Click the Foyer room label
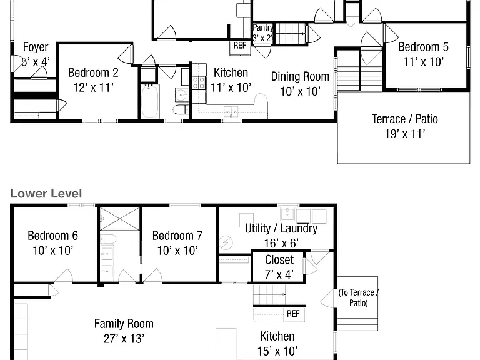click(36, 47)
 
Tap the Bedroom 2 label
click(93, 73)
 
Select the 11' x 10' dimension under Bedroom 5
click(423, 62)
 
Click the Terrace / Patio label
click(405, 119)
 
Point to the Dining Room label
click(300, 76)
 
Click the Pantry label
click(262, 27)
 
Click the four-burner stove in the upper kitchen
click(199, 83)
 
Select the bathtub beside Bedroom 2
click(150, 101)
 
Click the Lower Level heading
click(46, 194)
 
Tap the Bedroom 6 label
click(52, 236)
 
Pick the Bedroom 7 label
click(177, 236)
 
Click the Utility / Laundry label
click(281, 229)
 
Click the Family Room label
click(124, 324)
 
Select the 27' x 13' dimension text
click(124, 339)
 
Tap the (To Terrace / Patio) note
click(359, 298)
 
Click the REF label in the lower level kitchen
click(293, 314)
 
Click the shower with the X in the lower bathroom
click(120, 219)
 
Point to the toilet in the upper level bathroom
click(181, 109)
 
